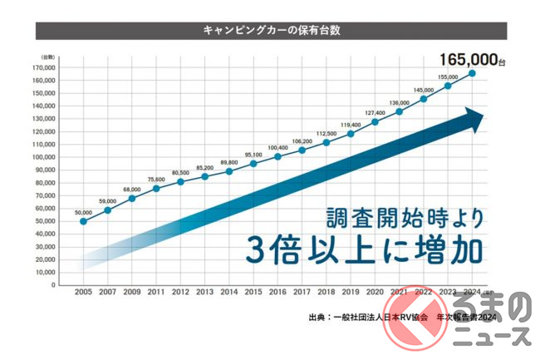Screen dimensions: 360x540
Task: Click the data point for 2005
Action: [82, 221]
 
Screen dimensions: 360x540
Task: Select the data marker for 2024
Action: [473, 73]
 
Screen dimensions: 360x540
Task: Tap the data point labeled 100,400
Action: [277, 156]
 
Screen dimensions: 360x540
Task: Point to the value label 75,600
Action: [155, 178]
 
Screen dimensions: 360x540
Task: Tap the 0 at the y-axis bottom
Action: [52, 285]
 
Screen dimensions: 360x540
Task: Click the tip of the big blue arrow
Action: [480, 120]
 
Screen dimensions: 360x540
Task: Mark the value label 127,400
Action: [375, 112]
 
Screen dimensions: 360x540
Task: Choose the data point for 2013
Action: [204, 176]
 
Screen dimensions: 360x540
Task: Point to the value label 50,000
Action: [82, 212]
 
